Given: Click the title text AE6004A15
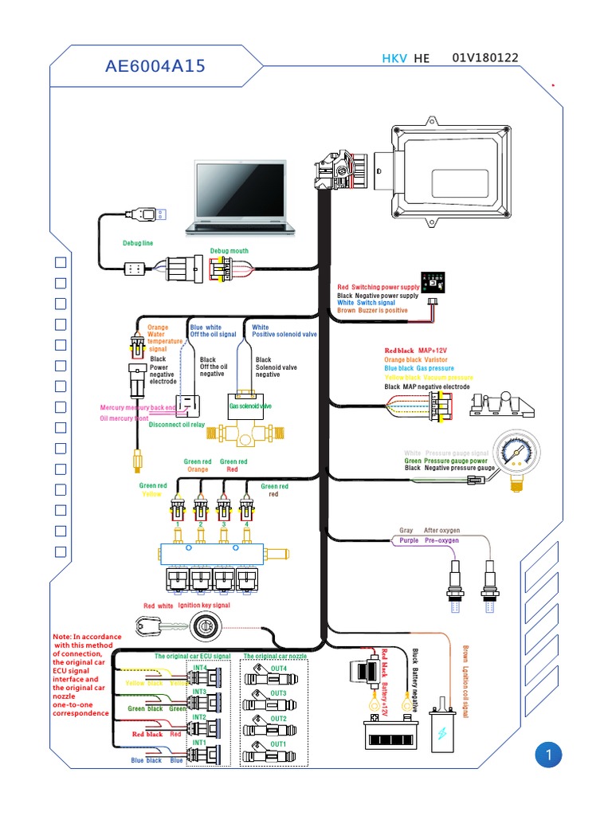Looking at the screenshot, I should [155, 66].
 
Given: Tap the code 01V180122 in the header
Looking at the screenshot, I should [485, 58].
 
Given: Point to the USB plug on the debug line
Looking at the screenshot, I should [148, 214].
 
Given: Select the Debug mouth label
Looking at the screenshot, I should [229, 251].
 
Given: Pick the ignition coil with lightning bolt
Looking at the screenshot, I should [441, 727].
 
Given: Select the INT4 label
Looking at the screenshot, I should [199, 668].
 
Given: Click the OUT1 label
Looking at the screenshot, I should [278, 743].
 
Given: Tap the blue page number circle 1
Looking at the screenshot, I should [548, 755].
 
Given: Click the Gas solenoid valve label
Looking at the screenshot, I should [250, 406].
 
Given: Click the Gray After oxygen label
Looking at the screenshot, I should [430, 531].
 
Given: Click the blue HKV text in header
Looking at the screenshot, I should [394, 59].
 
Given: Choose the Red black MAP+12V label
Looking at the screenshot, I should [417, 350].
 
